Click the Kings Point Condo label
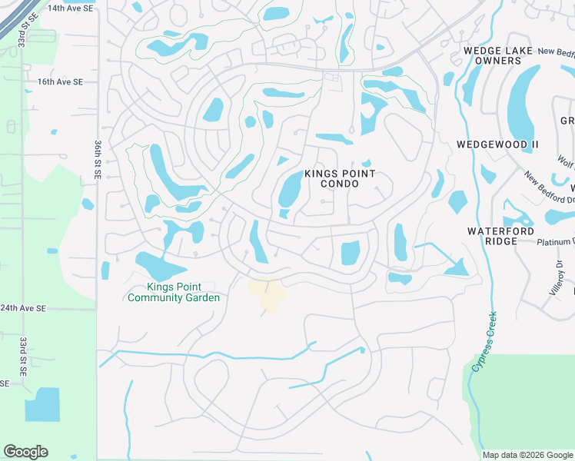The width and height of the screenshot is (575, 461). [341, 179]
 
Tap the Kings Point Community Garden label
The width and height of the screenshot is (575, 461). [174, 293]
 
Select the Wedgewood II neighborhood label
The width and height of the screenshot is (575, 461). [493, 144]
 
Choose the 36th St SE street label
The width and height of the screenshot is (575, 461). [98, 160]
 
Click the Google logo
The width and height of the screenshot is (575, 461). [25, 452]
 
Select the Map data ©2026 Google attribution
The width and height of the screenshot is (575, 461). [527, 455]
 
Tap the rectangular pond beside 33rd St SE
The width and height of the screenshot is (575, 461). [42, 404]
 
